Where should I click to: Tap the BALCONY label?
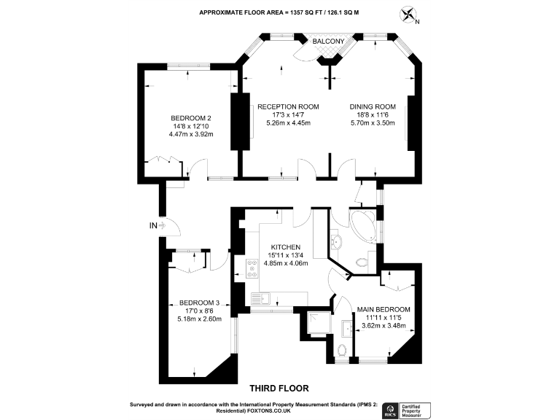(328, 42)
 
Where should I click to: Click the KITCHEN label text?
(286, 246)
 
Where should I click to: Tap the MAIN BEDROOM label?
(384, 310)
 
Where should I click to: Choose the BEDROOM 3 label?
(200, 303)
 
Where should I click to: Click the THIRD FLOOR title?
(280, 388)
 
